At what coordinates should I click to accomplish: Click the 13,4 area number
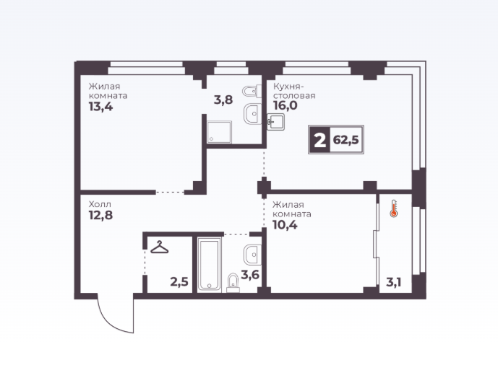tap(100, 107)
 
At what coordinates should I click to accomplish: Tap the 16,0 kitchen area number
tap(286, 105)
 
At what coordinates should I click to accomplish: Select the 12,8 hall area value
tap(100, 216)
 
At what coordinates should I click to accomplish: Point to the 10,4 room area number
tap(285, 225)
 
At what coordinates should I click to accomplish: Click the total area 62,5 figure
tap(346, 140)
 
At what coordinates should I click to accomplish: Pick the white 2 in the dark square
tap(319, 140)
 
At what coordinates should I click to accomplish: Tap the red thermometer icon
tap(394, 208)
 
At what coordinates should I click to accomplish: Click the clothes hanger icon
tap(159, 247)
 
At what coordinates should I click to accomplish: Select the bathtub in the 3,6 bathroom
tap(209, 265)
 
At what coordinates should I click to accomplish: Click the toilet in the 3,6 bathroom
tap(233, 283)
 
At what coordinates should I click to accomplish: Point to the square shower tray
tap(220, 132)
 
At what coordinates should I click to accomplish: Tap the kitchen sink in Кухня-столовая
tap(275, 122)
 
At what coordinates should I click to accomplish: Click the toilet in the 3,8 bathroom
tap(252, 92)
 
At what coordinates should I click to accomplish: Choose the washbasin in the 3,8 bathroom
tap(253, 114)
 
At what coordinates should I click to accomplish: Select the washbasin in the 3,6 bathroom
tap(253, 255)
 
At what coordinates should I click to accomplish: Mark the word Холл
tap(100, 204)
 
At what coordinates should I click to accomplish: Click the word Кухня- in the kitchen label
tap(288, 87)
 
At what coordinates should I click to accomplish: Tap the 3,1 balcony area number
tap(393, 282)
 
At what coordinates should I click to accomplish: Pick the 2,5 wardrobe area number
tap(179, 281)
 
